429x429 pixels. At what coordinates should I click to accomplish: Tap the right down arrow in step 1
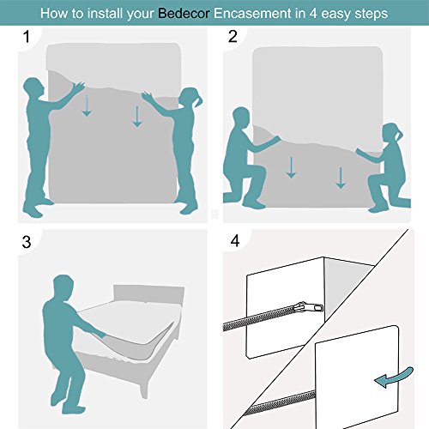[136, 114]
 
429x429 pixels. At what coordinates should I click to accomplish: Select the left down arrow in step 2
[292, 166]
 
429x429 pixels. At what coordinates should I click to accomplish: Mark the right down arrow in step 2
[341, 176]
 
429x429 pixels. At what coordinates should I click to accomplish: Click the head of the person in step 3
[62, 284]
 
